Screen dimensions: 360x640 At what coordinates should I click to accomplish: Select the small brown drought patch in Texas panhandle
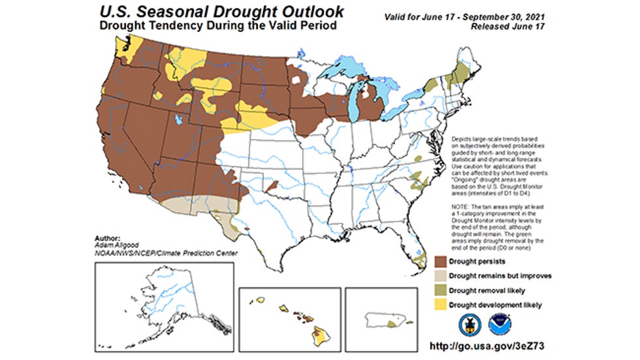click(x=272, y=185)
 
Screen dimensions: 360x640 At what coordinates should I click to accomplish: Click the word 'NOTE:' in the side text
click(x=462, y=206)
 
